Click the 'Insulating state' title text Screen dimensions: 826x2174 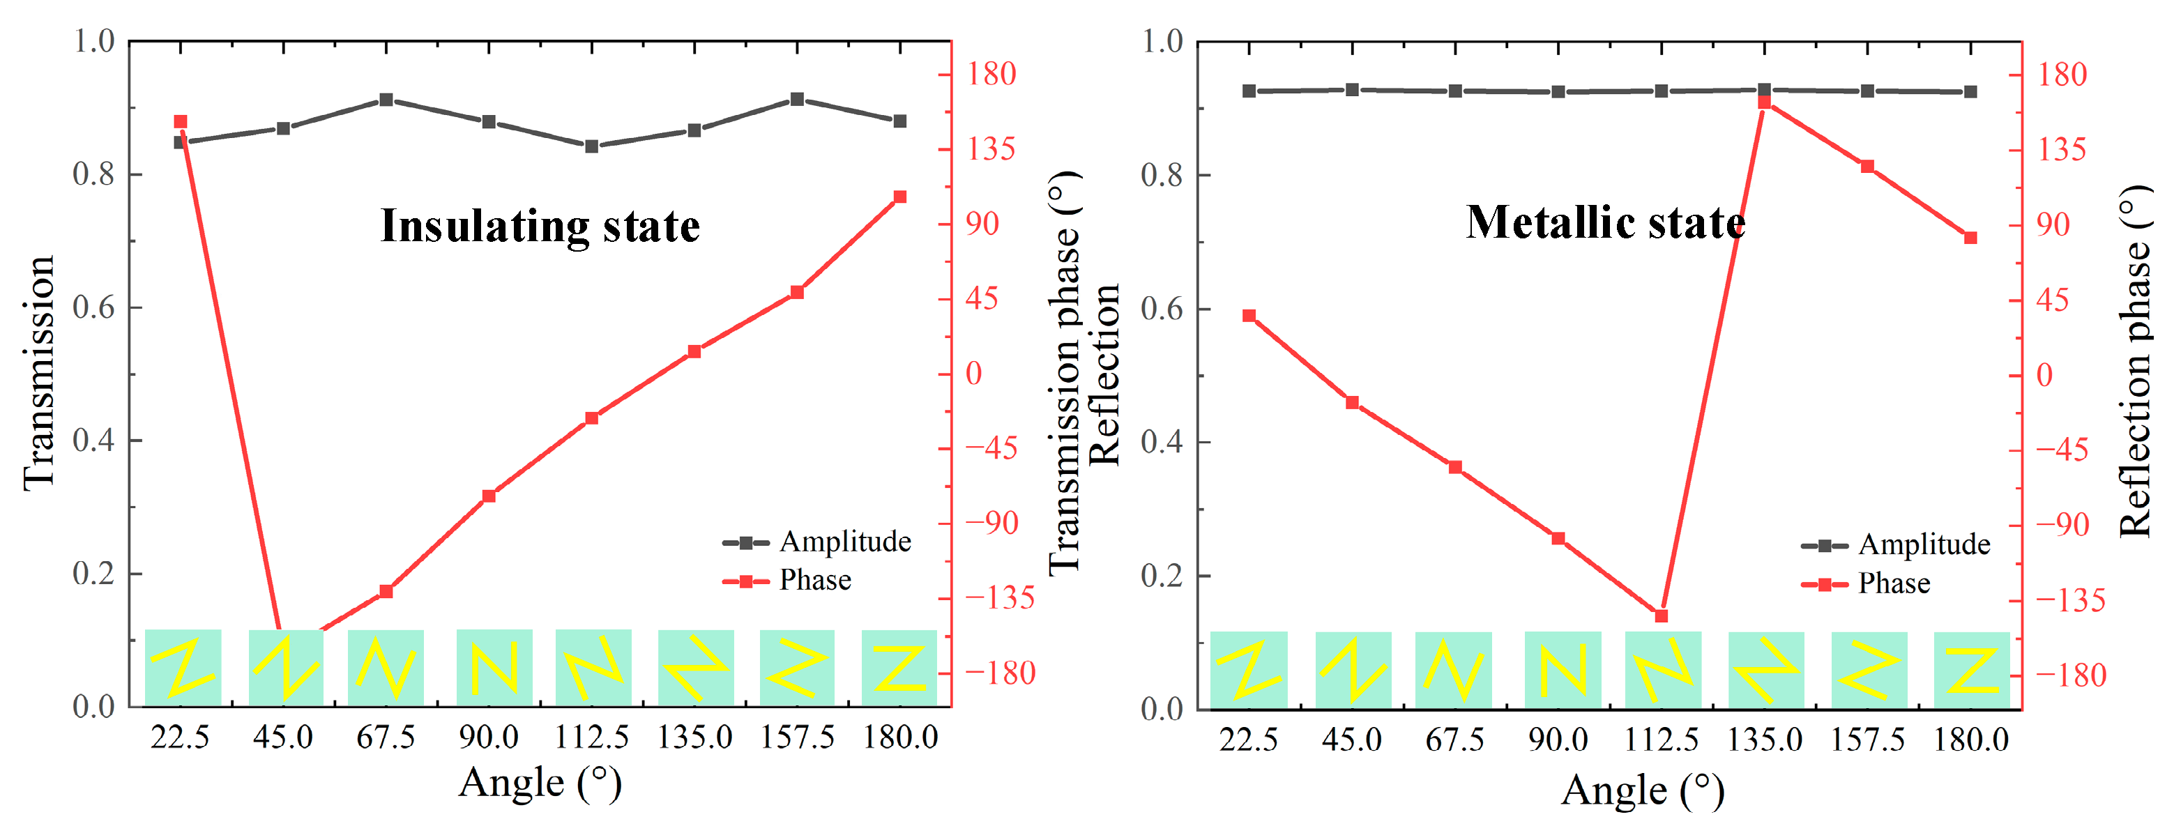pyautogui.click(x=540, y=226)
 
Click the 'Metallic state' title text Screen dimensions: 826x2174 pyautogui.click(x=1605, y=223)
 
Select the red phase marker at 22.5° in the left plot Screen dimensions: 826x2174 pyautogui.click(x=180, y=121)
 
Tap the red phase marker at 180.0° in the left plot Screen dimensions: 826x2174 pyautogui.click(x=899, y=197)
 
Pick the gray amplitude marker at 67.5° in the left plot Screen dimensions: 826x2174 pyautogui.click(x=386, y=100)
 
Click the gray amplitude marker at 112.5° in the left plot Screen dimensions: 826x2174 pyautogui.click(x=591, y=146)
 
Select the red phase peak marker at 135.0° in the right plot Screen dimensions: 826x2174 pyautogui.click(x=1764, y=101)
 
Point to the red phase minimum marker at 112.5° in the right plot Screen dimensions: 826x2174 pyautogui.click(x=1661, y=616)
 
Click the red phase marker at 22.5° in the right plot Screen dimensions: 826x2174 pyautogui.click(x=1249, y=316)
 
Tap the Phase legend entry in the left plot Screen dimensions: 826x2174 pyautogui.click(x=814, y=581)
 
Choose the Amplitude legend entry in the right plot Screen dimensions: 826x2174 pyautogui.click(x=1924, y=545)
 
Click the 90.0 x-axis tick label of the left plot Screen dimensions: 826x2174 pyautogui.click(x=489, y=737)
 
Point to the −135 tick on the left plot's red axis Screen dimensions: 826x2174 pyautogui.click(x=999, y=597)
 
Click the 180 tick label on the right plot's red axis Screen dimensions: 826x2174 pyautogui.click(x=2062, y=75)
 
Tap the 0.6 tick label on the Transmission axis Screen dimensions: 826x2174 pyautogui.click(x=93, y=307)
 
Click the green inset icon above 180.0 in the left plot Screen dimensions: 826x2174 pyautogui.click(x=899, y=667)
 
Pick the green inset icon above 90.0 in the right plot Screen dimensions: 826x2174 pyautogui.click(x=1562, y=669)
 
